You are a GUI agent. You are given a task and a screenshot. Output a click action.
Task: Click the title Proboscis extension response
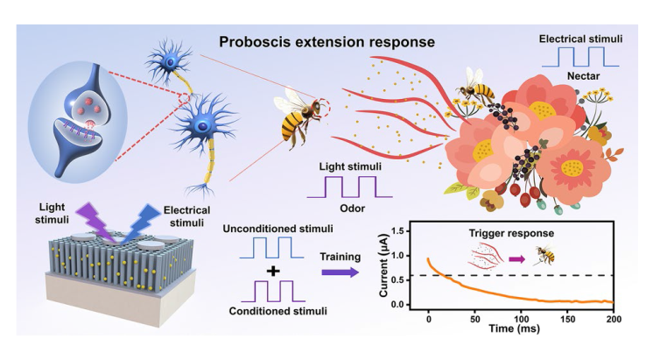click(326, 42)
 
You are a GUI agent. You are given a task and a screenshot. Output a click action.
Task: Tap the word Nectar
click(583, 76)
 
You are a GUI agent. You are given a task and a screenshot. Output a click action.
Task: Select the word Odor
click(353, 208)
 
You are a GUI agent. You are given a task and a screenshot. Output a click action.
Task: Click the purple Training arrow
click(341, 272)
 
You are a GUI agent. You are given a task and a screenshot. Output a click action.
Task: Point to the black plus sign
click(274, 271)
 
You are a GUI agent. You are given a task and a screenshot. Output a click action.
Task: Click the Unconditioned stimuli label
click(277, 229)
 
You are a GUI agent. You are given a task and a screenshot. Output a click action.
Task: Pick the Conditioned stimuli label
click(277, 311)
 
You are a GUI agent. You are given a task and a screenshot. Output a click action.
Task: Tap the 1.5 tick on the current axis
click(398, 231)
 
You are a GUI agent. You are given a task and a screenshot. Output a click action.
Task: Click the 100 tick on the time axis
click(521, 319)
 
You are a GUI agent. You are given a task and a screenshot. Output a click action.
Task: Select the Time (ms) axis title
click(514, 328)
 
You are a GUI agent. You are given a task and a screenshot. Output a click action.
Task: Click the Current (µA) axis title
click(383, 265)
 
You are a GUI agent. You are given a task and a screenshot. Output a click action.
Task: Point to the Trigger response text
click(511, 233)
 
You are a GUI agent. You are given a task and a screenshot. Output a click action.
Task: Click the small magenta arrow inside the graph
click(517, 259)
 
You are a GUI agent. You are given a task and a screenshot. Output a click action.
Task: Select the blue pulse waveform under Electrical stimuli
click(580, 57)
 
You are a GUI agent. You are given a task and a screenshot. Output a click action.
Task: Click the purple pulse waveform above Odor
click(350, 187)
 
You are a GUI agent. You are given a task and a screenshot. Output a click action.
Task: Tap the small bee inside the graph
click(544, 256)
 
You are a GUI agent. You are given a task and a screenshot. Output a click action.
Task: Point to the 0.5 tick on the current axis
click(398, 280)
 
